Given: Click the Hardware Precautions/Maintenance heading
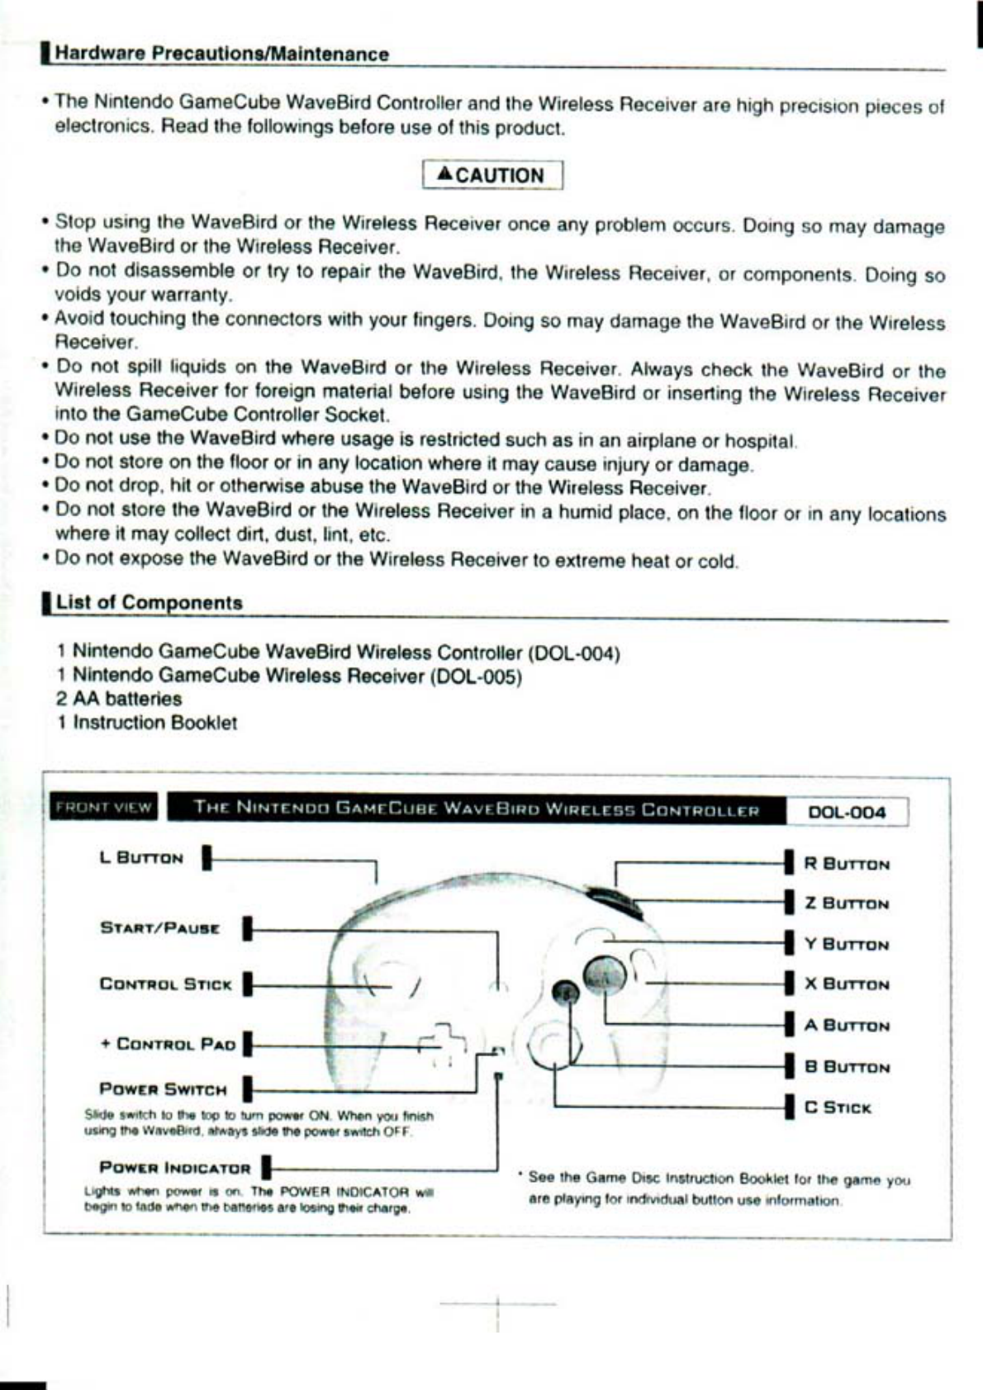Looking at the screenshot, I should click(x=221, y=55).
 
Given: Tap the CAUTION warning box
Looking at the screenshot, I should click(x=492, y=175).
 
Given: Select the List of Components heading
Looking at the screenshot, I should click(x=149, y=602).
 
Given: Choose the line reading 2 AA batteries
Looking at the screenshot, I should click(x=119, y=699).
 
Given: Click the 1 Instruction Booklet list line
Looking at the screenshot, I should click(x=147, y=723).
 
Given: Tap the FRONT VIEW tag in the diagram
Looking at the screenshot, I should click(x=103, y=808).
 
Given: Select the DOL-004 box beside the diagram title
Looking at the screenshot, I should click(x=847, y=812).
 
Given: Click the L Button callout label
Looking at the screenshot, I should click(x=141, y=858).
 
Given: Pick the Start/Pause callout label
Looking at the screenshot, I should click(x=160, y=927).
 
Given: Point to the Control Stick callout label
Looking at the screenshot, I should click(x=165, y=984).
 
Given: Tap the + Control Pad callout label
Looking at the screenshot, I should click(x=168, y=1044).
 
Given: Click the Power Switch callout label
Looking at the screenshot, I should click(x=163, y=1089).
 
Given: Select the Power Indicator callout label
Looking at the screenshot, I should click(x=174, y=1168).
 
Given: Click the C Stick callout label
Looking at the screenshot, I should click(x=838, y=1108).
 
